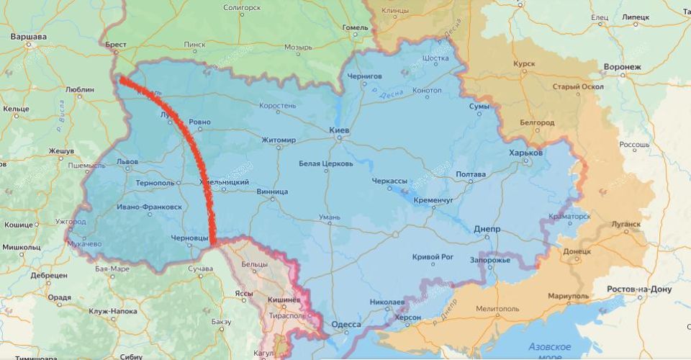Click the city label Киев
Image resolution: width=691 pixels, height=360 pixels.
tap(339, 130)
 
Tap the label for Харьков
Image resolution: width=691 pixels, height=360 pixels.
tap(526, 153)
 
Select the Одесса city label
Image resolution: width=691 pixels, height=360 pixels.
tap(346, 325)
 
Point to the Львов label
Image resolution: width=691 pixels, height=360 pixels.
tap(127, 162)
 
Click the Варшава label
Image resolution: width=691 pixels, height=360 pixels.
tap(29, 36)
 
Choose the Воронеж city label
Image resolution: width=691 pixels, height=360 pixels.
tap(623, 67)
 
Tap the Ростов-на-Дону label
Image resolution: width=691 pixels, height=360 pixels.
tap(640, 289)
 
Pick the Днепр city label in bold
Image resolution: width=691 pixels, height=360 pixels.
tap(487, 229)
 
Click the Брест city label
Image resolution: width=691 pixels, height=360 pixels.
tap(115, 45)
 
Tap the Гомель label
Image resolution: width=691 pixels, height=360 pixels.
tap(355, 28)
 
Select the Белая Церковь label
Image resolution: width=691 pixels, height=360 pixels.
tap(326, 163)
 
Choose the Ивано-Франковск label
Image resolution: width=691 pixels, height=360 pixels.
tap(149, 207)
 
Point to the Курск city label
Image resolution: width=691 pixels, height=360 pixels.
tap(524, 63)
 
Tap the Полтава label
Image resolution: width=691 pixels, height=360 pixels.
tap(471, 174)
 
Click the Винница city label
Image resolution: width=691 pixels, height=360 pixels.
tap(272, 192)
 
